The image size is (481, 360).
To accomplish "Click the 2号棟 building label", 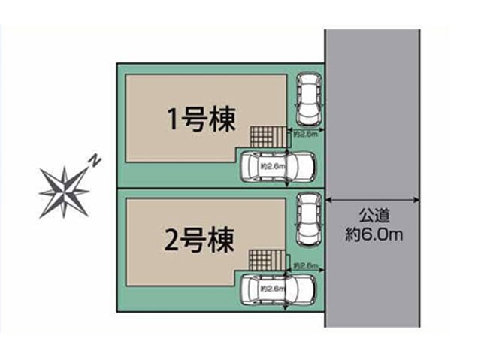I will point(199,240).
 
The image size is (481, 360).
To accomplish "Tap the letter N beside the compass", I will point(95,159).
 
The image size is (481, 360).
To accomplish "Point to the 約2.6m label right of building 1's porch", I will point(307,134).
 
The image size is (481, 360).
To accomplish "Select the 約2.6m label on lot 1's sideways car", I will point(271,165).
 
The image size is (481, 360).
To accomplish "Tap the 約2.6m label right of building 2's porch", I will point(307,266).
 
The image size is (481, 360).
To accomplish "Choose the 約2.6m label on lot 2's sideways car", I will point(271,288).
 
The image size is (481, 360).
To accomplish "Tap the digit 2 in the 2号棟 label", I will point(173,241).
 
